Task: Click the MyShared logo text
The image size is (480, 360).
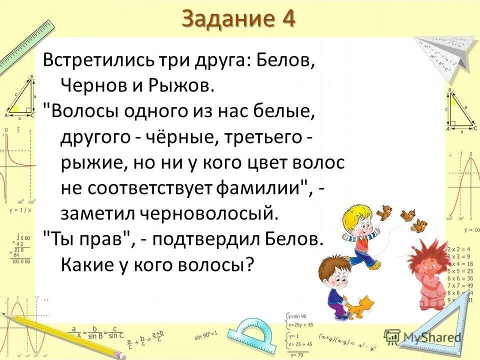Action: click(432, 337)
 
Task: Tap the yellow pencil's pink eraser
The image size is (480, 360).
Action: click(120, 354)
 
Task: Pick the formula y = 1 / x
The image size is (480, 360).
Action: click(20, 210)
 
